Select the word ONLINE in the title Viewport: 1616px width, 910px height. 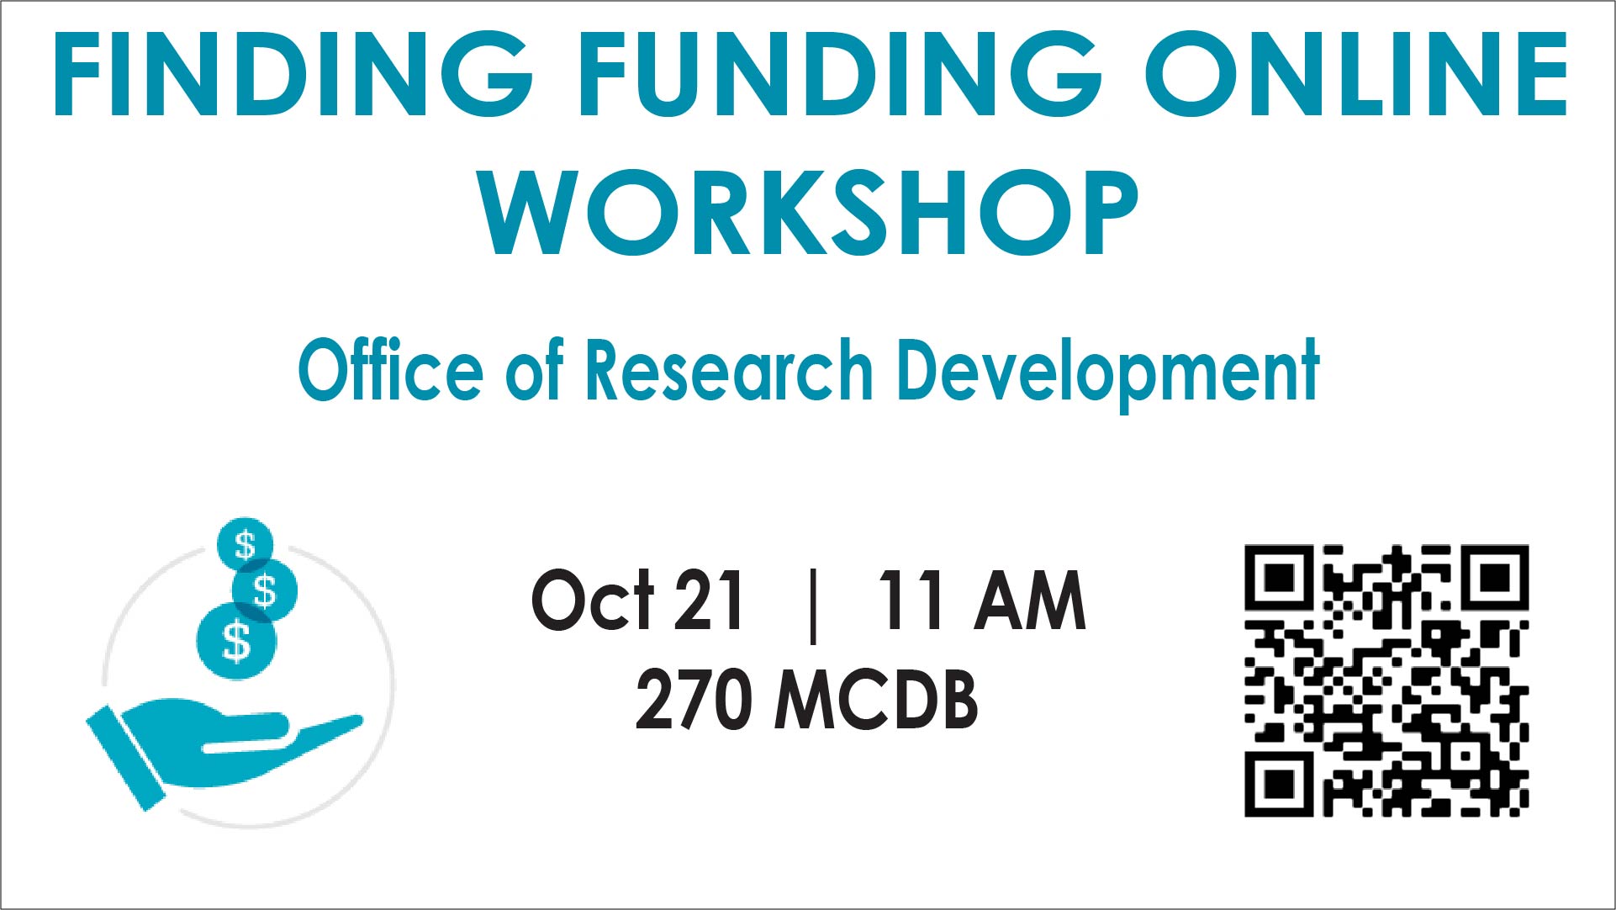point(1355,74)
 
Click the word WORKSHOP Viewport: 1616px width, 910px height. point(809,211)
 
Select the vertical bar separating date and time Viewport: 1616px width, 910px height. point(812,604)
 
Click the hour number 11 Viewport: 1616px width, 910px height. point(910,600)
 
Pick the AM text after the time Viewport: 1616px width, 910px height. point(1030,600)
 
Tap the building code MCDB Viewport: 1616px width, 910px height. point(876,700)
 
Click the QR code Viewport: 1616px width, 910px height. point(1386,680)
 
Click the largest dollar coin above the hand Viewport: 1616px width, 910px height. point(236,641)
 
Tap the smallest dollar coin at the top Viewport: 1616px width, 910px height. point(245,544)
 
